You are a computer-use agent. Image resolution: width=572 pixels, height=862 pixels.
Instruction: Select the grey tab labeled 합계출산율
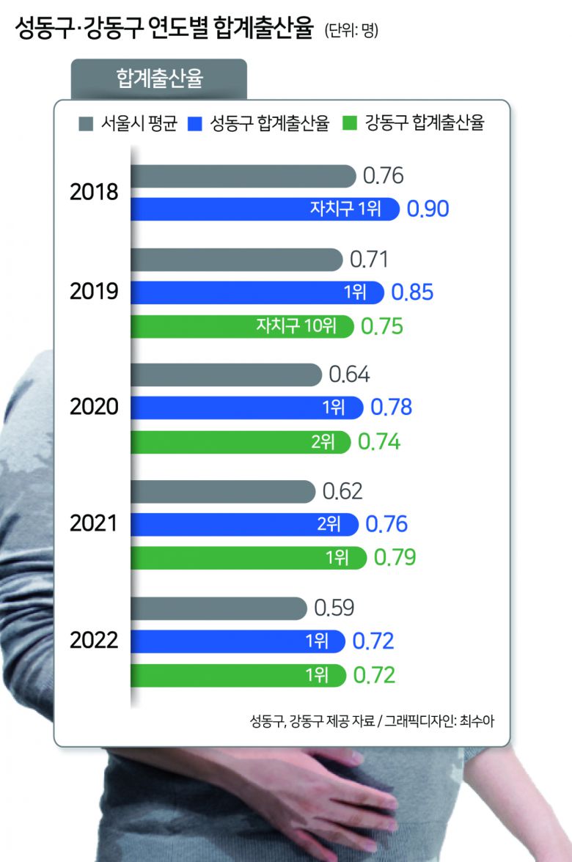tap(159, 78)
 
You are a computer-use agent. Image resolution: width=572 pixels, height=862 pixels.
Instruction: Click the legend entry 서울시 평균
tap(128, 123)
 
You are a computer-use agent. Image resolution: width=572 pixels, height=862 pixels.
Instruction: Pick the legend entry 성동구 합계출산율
tap(261, 123)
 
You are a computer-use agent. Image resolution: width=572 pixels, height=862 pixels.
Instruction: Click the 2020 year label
tap(94, 406)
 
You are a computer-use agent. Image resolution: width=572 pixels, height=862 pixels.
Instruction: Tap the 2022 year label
tap(94, 641)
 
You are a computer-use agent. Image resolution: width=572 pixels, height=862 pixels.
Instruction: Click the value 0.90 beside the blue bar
tap(428, 209)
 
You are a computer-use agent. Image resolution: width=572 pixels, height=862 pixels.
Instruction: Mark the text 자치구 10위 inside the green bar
tap(296, 325)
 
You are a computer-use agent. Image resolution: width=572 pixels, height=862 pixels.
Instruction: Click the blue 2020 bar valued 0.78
tap(246, 407)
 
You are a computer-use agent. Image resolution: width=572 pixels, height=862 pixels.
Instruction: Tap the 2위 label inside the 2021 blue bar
tap(329, 524)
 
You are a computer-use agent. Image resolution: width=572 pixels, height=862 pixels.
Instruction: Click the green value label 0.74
tap(378, 442)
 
